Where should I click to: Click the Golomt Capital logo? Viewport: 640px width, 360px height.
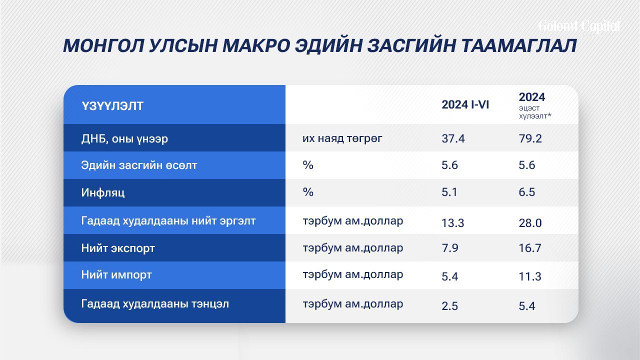579,27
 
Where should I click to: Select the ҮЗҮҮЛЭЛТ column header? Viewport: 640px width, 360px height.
112,106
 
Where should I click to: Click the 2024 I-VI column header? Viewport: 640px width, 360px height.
465,105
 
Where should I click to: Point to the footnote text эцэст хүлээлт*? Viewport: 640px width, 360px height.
535,112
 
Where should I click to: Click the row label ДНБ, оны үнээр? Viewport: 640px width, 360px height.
124,139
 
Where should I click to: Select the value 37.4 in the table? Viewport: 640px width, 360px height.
453,138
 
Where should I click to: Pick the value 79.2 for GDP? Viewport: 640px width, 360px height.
530,138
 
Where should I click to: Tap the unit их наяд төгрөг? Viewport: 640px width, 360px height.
342,138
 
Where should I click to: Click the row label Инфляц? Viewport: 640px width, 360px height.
103,193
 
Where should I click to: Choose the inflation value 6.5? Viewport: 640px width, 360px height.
527,192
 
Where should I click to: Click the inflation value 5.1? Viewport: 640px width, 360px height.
449,192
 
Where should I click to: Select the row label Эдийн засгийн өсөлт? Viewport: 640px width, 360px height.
139,165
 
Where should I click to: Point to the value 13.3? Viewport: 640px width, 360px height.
453,223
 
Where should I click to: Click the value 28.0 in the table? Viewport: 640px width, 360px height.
530,223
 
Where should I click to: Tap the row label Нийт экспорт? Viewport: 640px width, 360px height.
118,248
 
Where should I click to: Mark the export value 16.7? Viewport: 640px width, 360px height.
530,248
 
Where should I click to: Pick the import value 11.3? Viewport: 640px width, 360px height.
530,276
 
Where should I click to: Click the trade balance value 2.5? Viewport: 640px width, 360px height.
449,306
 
